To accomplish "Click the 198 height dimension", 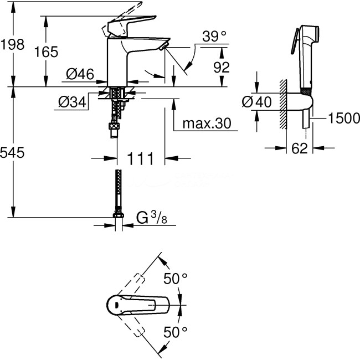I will (x=13, y=45).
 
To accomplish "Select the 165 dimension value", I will (x=47, y=52).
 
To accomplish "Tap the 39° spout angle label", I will (x=214, y=37).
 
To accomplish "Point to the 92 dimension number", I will (x=221, y=68).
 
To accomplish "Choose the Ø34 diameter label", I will (x=71, y=101).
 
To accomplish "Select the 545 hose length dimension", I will (x=13, y=153).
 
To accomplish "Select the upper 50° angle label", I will (x=176, y=279).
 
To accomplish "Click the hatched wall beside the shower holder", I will (x=283, y=102).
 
